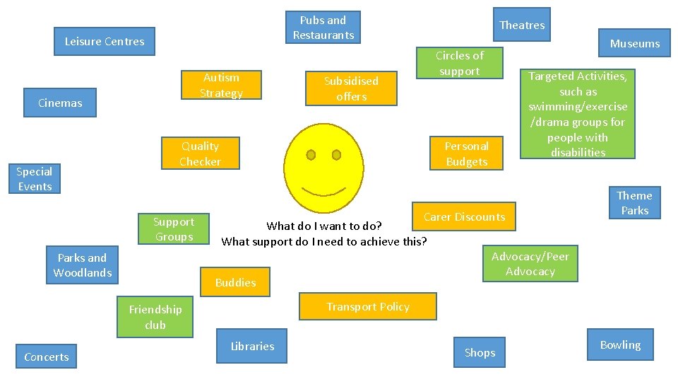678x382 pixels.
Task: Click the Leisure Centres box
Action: coord(105,42)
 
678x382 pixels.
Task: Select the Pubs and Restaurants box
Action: coord(323,28)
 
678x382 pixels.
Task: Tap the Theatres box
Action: coord(522,25)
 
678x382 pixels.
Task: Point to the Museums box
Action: coord(634,44)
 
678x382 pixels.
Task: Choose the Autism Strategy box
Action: coord(221,86)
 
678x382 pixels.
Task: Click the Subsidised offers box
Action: coord(351,89)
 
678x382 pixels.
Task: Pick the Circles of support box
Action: coord(459,64)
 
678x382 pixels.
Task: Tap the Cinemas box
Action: coord(60,103)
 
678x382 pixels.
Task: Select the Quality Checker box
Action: coord(200,154)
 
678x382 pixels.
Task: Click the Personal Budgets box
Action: coord(466,154)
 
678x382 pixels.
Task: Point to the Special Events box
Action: coord(35,179)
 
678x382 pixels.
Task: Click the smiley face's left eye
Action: coord(310,155)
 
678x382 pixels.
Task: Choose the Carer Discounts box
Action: coord(464,217)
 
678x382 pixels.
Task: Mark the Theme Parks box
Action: coord(634,203)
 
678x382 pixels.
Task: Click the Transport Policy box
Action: coord(368,307)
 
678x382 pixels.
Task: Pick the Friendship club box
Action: coord(155,317)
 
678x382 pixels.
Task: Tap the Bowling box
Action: coord(620,345)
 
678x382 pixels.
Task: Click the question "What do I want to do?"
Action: coord(324,226)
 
